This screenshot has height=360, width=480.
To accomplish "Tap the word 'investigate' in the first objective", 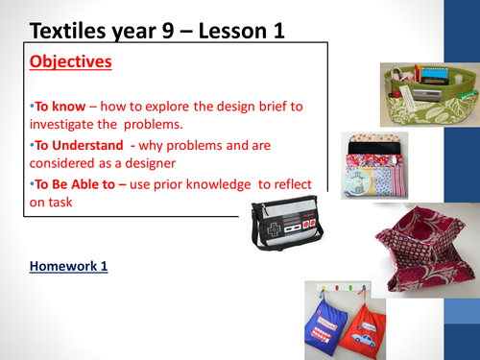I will [71, 125].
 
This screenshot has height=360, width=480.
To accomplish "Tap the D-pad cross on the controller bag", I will [271, 231].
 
